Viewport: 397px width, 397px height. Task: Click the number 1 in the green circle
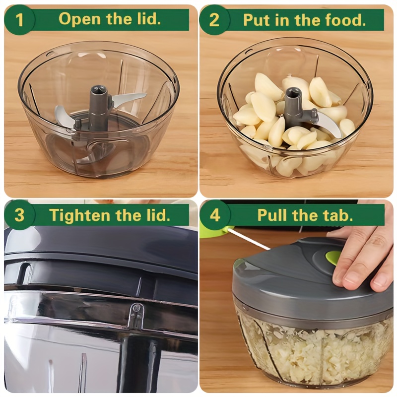coord(19,20)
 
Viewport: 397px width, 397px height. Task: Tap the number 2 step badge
coord(214,20)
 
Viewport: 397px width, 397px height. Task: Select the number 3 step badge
coord(19,215)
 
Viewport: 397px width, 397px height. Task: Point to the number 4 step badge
coord(215,215)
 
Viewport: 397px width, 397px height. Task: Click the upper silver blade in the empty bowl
coord(129,97)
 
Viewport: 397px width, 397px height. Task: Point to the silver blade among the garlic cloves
coord(329,124)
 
